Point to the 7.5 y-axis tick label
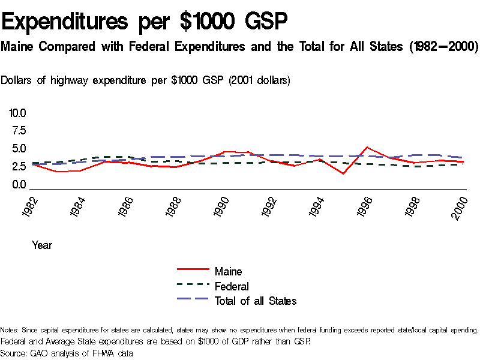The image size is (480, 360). [17, 131]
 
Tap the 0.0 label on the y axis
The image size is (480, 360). [17, 185]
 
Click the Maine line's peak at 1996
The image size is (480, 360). [367, 147]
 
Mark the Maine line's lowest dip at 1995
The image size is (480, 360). [343, 173]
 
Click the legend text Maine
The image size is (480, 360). [228, 272]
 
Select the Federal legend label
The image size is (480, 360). [232, 286]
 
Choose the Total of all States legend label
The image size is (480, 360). [256, 301]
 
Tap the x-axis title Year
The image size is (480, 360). [42, 245]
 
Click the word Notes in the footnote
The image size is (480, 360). [10, 330]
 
